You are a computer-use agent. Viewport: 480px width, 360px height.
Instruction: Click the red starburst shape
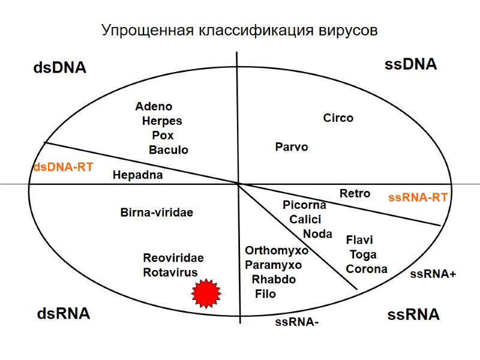click(x=206, y=293)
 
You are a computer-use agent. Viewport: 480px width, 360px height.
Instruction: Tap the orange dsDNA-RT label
click(x=62, y=167)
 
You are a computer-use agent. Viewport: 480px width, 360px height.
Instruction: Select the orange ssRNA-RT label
click(x=418, y=197)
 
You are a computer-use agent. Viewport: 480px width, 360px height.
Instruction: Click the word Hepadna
click(x=137, y=175)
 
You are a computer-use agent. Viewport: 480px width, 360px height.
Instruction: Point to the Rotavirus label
click(x=170, y=272)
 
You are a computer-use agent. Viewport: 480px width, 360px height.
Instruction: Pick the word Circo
click(x=338, y=118)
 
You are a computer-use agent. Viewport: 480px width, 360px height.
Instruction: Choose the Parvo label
click(x=292, y=146)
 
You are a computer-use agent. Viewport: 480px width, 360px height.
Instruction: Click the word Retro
click(x=355, y=193)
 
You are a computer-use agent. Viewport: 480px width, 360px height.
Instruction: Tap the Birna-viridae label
click(x=157, y=212)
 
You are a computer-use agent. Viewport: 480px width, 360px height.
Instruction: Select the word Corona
click(x=367, y=269)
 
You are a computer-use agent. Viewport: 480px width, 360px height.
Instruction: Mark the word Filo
click(x=265, y=294)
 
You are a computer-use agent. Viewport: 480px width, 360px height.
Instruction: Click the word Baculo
click(x=169, y=149)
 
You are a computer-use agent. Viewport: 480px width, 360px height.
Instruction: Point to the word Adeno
click(x=154, y=107)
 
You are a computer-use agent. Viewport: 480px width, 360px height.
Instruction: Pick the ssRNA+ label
click(x=433, y=274)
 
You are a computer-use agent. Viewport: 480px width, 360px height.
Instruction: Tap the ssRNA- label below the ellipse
click(x=296, y=322)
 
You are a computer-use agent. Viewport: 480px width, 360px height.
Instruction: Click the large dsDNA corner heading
click(x=59, y=68)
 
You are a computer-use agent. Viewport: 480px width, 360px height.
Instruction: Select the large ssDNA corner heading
click(x=410, y=65)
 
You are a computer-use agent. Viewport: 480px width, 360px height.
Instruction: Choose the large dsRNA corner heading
click(x=64, y=313)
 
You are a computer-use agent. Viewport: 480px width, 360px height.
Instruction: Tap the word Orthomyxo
click(x=277, y=250)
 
